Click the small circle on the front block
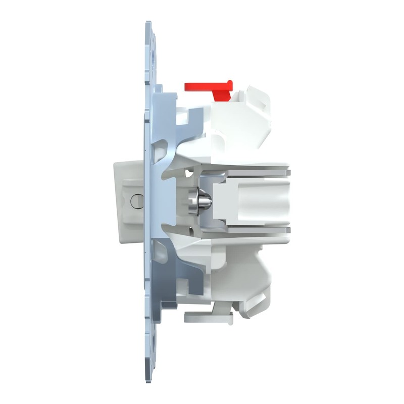click(136, 202)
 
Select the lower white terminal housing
click(237, 275)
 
